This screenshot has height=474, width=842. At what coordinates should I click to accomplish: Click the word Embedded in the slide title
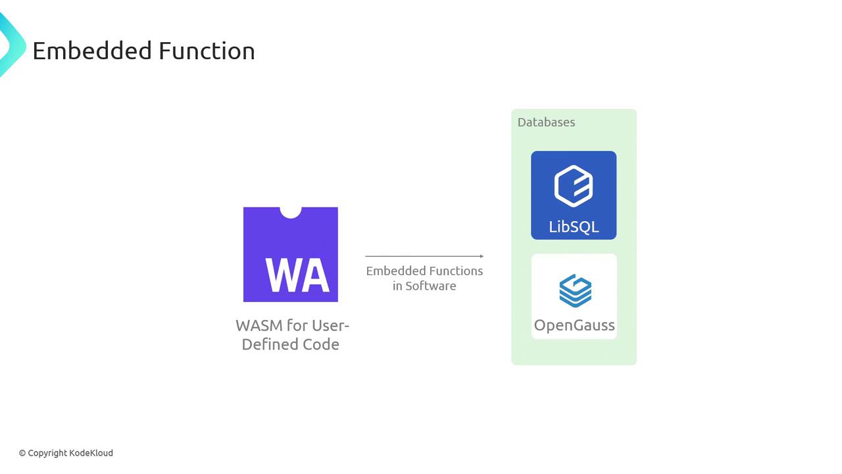coord(92,51)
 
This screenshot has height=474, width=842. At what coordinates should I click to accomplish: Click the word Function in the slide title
coord(207,51)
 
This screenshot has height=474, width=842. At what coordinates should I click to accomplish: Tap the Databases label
coord(546,122)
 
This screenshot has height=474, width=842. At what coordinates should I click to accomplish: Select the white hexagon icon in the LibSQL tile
coord(574,186)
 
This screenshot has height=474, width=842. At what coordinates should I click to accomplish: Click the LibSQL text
coord(574,227)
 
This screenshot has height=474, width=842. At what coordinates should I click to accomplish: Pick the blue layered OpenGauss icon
coord(575,291)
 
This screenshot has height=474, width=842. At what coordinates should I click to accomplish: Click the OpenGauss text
coord(574,325)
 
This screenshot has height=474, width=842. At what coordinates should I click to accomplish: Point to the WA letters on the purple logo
coord(297,275)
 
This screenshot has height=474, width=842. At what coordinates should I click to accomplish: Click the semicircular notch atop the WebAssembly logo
coord(291,213)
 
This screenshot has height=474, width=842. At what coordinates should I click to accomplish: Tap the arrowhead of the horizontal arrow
coord(482,256)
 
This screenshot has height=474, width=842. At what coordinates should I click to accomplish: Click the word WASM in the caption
coord(259,325)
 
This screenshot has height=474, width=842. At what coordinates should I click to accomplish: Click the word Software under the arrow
coord(431,286)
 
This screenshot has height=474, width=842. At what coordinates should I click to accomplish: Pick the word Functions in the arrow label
coord(456,271)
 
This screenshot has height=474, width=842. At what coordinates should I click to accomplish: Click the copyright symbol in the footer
coord(22,454)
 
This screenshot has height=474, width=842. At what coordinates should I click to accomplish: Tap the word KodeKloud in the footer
coord(91,453)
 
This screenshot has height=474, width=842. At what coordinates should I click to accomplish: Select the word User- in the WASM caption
coord(330,325)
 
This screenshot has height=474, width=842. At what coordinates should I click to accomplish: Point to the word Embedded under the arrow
coord(396,271)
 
